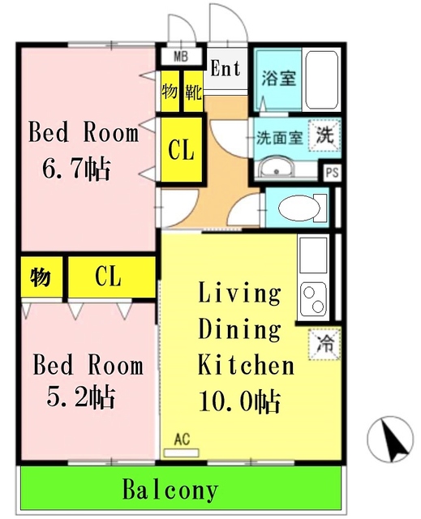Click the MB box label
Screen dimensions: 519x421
[x=180, y=57]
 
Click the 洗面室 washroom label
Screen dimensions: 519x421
[x=280, y=137]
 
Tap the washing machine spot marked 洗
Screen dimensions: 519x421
[x=324, y=135]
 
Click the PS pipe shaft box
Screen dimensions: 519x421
[x=332, y=173]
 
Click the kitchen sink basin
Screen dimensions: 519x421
[x=313, y=255]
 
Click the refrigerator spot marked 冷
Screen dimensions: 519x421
[x=324, y=343]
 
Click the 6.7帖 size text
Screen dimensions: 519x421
[x=77, y=169]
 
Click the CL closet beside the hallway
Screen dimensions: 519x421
[x=180, y=150]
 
